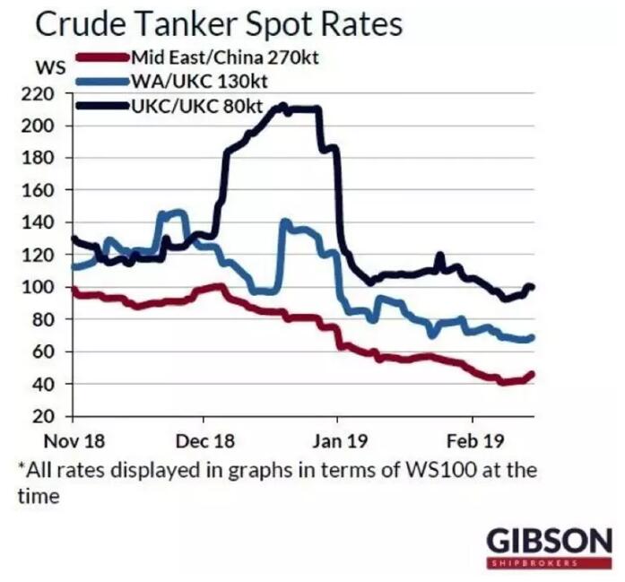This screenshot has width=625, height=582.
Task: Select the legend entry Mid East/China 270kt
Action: click(225, 58)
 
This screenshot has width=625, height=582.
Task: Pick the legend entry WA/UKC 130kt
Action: click(200, 82)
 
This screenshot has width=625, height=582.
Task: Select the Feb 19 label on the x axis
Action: click(472, 441)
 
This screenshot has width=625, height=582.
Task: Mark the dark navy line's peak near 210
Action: click(282, 107)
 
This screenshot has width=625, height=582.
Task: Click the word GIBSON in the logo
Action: click(549, 541)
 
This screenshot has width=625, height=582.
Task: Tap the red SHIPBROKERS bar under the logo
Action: click(549, 562)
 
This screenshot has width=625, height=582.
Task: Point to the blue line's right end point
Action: click(533, 337)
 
